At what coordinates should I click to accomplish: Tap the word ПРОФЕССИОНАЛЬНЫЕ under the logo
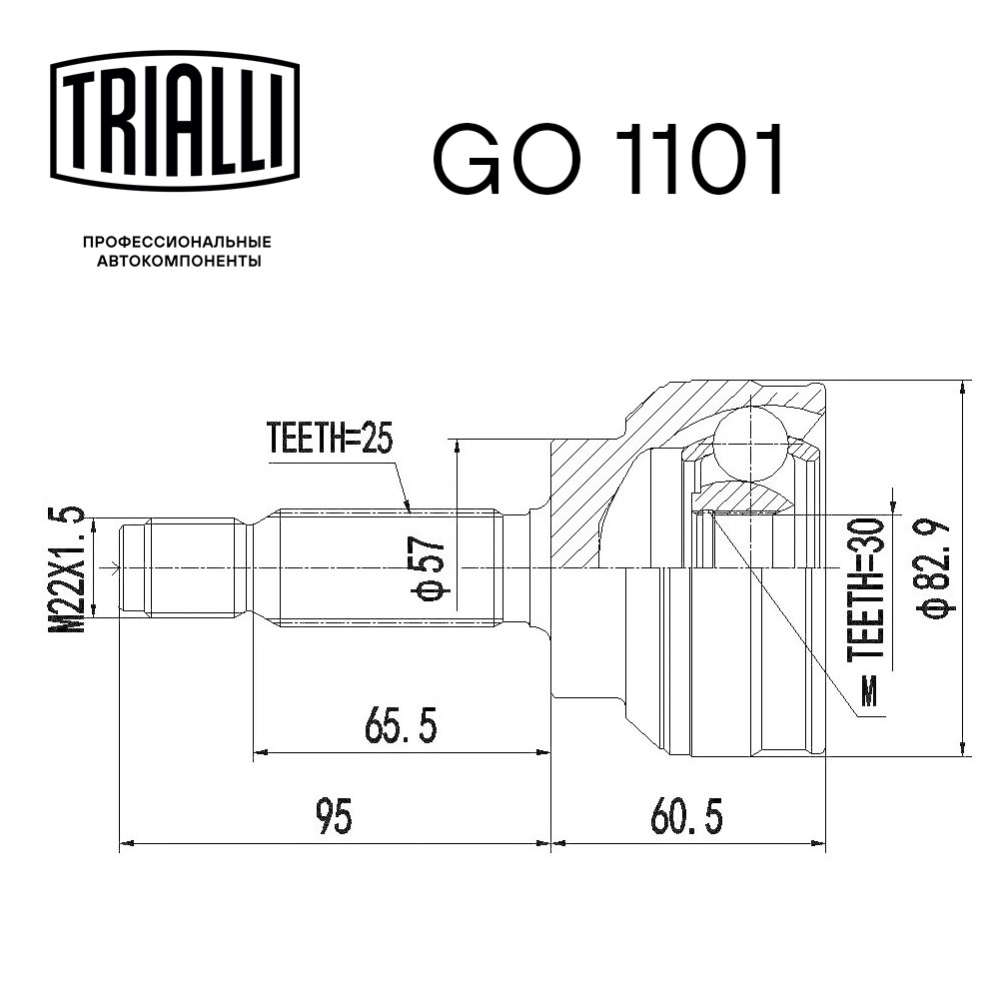tap(177, 242)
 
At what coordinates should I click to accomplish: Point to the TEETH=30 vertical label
tap(866, 589)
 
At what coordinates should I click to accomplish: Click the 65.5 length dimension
tap(400, 727)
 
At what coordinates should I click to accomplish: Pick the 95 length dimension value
tap(335, 817)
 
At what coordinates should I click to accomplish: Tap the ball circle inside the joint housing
tap(748, 442)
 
